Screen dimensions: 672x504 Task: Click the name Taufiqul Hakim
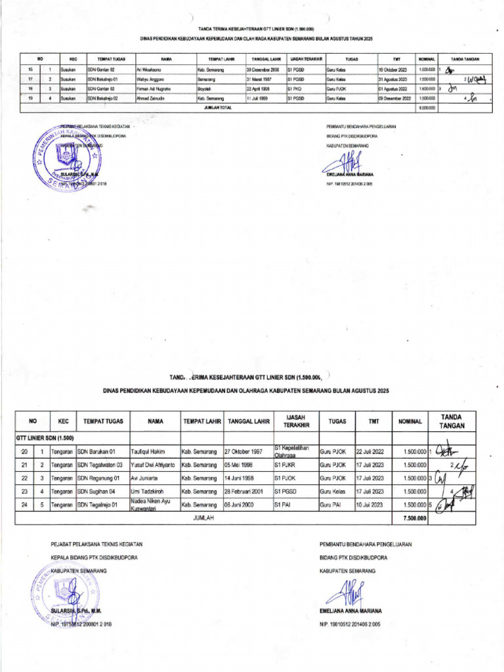(148, 451)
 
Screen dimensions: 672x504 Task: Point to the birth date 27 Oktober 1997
(243, 451)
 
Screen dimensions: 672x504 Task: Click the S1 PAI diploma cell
(283, 505)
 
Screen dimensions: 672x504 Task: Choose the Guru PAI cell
(331, 505)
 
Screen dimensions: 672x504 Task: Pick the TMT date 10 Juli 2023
(371, 505)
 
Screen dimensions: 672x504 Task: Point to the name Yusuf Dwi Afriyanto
(152, 465)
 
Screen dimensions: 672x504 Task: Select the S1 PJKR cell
(286, 465)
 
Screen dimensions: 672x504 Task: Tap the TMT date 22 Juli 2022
(371, 451)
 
